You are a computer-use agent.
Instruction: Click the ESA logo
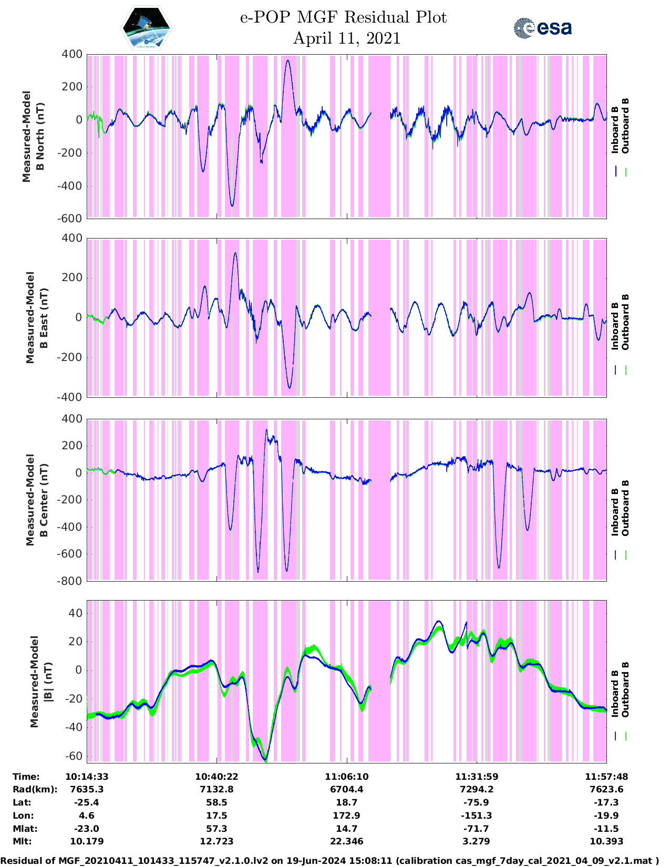[542, 28]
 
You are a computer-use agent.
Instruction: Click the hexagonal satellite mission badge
[146, 28]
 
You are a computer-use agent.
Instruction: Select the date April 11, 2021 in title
[346, 38]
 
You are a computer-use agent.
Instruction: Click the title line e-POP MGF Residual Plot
[343, 17]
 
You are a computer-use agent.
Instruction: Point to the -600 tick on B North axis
[72, 219]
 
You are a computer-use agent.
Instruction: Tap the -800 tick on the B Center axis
[72, 581]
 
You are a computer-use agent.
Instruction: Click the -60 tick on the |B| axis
[76, 756]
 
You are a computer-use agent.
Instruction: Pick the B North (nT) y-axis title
[34, 137]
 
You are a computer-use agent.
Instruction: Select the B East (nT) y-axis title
[37, 317]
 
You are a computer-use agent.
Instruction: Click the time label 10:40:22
[217, 777]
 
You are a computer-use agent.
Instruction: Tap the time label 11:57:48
[606, 777]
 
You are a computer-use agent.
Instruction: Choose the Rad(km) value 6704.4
[346, 789]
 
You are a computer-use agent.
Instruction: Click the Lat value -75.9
[477, 802]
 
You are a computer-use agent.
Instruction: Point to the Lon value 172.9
[346, 816]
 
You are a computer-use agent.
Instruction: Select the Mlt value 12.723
[217, 841]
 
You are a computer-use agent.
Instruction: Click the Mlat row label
[23, 829]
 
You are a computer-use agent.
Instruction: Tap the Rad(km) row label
[35, 789]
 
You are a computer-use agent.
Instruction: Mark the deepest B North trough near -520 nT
[232, 205]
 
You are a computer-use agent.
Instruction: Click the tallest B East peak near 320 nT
[235, 253]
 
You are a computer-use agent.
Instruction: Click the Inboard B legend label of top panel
[615, 130]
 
